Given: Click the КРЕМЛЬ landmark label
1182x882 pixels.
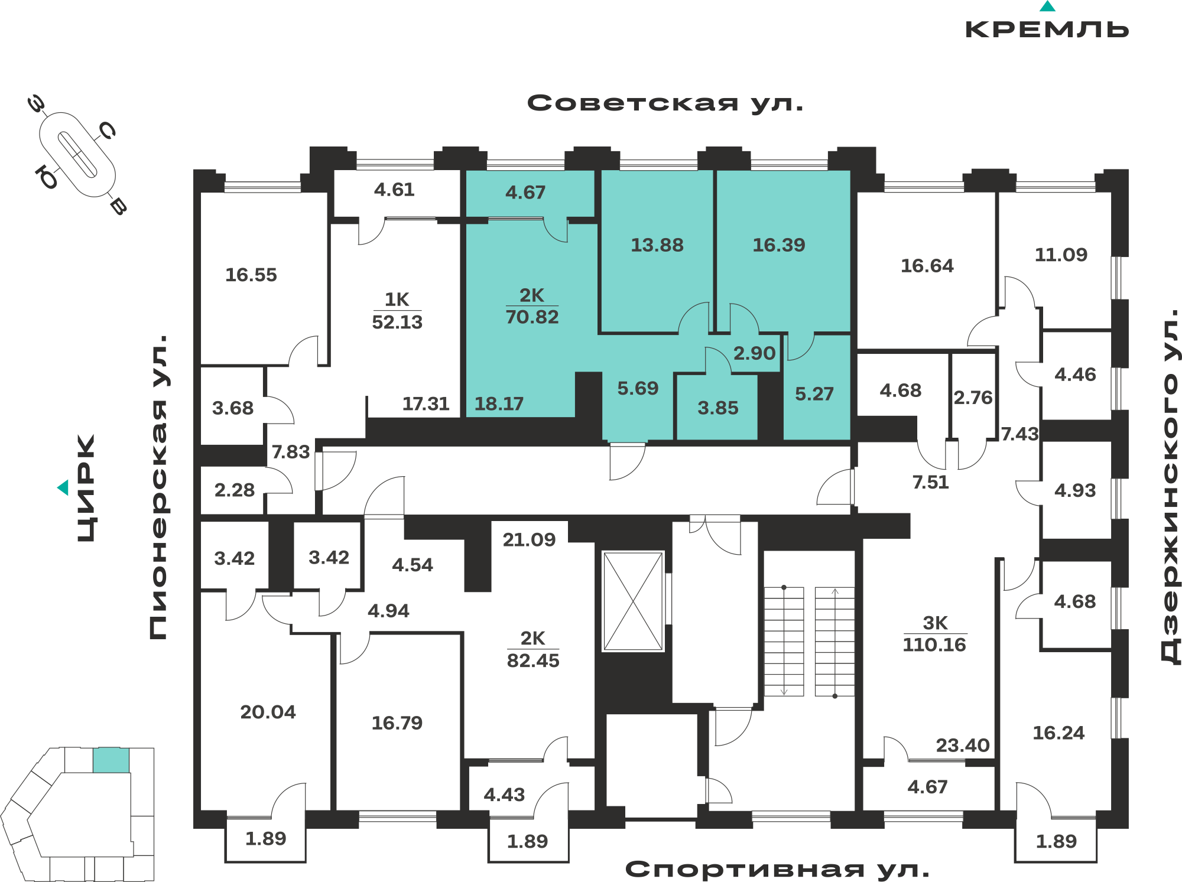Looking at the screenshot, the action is (1047, 29).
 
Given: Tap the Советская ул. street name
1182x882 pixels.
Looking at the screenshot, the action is (665, 103).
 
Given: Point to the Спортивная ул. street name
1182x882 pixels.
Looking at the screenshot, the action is (778, 869).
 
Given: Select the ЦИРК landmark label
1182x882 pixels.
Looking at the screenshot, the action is (86, 488).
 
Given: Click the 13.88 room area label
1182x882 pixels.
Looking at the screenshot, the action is (657, 245).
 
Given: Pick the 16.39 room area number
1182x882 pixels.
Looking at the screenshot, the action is (779, 245).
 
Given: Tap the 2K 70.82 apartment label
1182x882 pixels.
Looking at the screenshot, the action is (532, 306).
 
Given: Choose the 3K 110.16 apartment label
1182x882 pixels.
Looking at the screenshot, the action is (934, 634).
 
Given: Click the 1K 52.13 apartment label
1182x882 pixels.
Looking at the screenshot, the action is (397, 311).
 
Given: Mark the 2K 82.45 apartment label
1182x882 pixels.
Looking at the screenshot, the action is (533, 649).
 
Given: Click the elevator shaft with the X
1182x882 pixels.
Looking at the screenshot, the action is (633, 601).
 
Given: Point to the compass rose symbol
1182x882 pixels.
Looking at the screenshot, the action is (77, 155).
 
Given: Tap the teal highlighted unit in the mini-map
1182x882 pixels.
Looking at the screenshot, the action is (111, 760).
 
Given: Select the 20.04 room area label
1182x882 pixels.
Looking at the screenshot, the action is (268, 712).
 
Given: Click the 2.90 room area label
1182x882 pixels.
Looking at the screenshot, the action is (754, 353).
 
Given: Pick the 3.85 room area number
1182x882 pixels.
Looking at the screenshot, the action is (718, 408).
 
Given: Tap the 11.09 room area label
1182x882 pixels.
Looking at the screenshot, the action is (1061, 255).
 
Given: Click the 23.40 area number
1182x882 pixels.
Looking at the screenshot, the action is (963, 746).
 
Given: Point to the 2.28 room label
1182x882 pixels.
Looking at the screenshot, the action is (235, 490).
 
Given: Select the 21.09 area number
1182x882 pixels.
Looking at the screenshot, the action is (529, 540).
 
